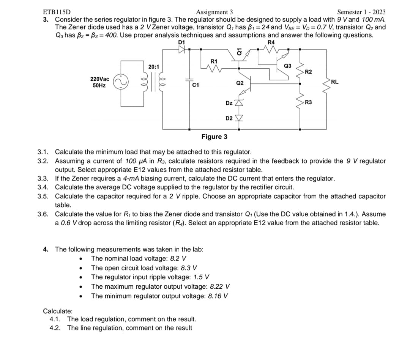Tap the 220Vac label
pyautogui.click(x=99, y=79)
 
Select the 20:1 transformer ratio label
pyautogui.click(x=153, y=67)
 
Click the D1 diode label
pyautogui.click(x=181, y=42)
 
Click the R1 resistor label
pyautogui.click(x=214, y=61)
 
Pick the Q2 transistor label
pyautogui.click(x=240, y=83)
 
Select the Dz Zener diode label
pyautogui.click(x=229, y=103)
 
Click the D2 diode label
pyautogui.click(x=229, y=118)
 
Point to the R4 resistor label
pyautogui.click(x=271, y=42)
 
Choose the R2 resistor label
pyautogui.click(x=308, y=72)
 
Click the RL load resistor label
pyautogui.click(x=334, y=82)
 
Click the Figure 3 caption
pyautogui.click(x=214, y=137)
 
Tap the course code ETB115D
pyautogui.click(x=54, y=12)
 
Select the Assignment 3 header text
pyautogui.click(x=214, y=12)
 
